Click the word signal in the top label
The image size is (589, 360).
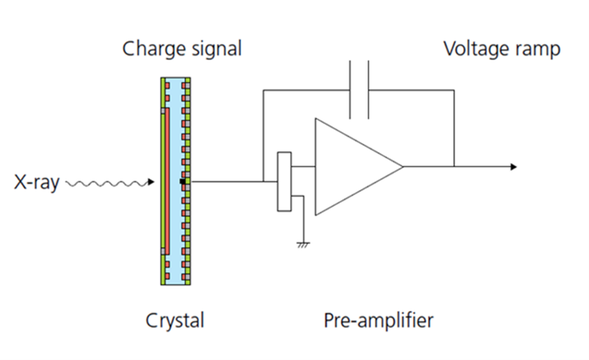click(214, 49)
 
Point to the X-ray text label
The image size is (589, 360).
click(36, 183)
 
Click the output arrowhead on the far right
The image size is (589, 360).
click(513, 167)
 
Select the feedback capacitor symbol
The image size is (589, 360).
click(359, 90)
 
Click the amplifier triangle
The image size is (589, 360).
click(352, 167)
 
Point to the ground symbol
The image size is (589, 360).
click(303, 244)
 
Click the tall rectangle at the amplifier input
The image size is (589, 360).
click(284, 181)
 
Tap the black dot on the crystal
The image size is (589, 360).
click(182, 182)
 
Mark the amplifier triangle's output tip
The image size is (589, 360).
click(401, 167)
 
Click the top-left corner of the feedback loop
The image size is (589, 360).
click(263, 90)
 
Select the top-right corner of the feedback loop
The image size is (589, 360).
click(454, 90)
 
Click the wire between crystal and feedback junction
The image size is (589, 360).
click(227, 181)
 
